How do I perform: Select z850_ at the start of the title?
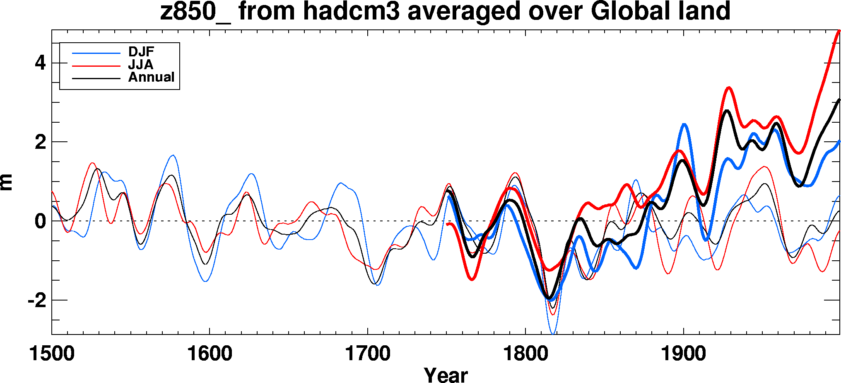tap(195, 12)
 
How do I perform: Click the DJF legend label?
tap(141, 52)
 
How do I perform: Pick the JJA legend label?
tap(141, 65)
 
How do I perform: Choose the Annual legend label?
tap(151, 77)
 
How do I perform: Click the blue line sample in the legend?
tap(96, 53)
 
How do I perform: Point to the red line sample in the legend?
tap(96, 65)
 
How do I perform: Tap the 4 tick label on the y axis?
tap(40, 63)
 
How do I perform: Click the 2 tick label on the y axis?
tap(40, 142)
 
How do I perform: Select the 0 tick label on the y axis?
tap(40, 221)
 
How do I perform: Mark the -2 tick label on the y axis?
tap(37, 301)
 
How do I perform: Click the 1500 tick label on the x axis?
tap(52, 354)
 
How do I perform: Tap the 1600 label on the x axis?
tap(210, 354)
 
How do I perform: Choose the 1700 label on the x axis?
tap(368, 354)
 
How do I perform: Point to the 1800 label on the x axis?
tap(525, 354)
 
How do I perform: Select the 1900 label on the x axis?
tap(683, 354)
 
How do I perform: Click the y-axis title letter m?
tap(7, 182)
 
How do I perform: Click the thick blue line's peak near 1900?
tap(684, 124)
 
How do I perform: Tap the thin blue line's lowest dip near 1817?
tap(553, 333)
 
